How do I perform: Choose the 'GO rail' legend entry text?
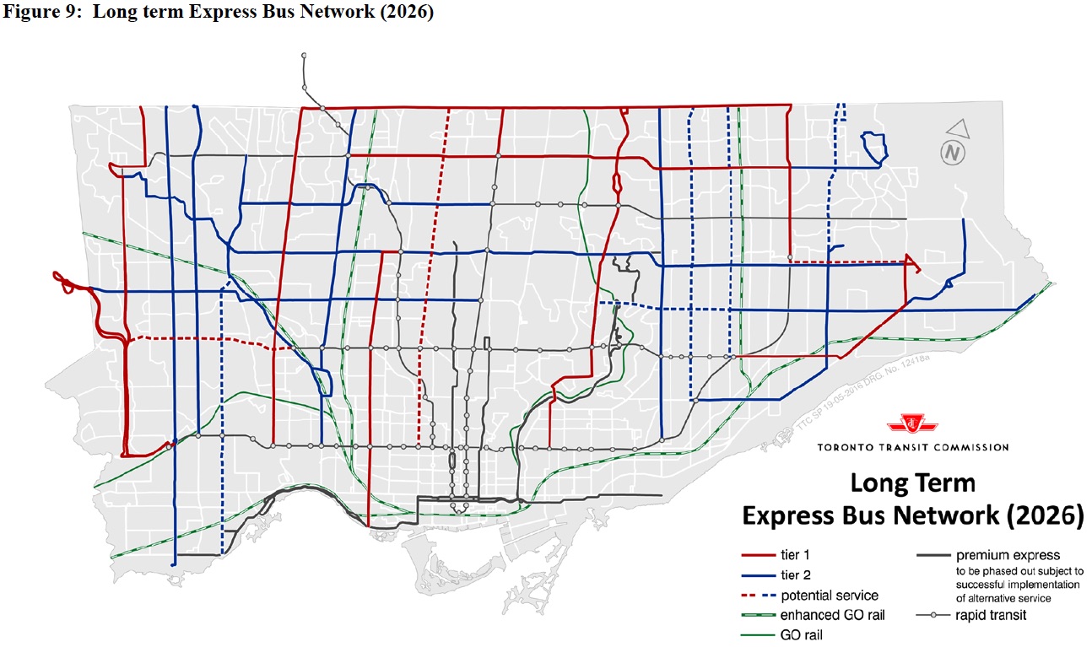click(x=801, y=635)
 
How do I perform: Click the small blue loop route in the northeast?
click(x=874, y=147)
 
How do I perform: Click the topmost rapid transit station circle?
click(x=303, y=55)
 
